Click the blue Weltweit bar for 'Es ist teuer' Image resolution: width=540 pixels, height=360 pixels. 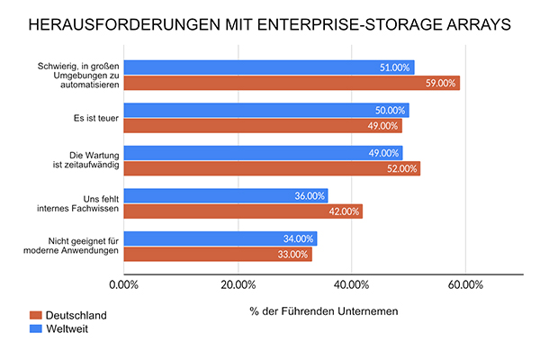pos(265,110)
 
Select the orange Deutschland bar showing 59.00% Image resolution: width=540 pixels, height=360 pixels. pos(292,83)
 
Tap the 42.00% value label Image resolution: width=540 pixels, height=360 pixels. pos(344,211)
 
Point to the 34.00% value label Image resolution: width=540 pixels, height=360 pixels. pos(298,238)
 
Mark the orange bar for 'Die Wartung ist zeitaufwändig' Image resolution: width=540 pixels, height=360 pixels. pos(271,168)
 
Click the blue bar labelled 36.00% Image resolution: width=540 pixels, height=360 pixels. pos(225,195)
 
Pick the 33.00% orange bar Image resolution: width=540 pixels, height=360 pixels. pos(217,254)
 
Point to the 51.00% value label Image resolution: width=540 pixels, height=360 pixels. pos(394,67)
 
